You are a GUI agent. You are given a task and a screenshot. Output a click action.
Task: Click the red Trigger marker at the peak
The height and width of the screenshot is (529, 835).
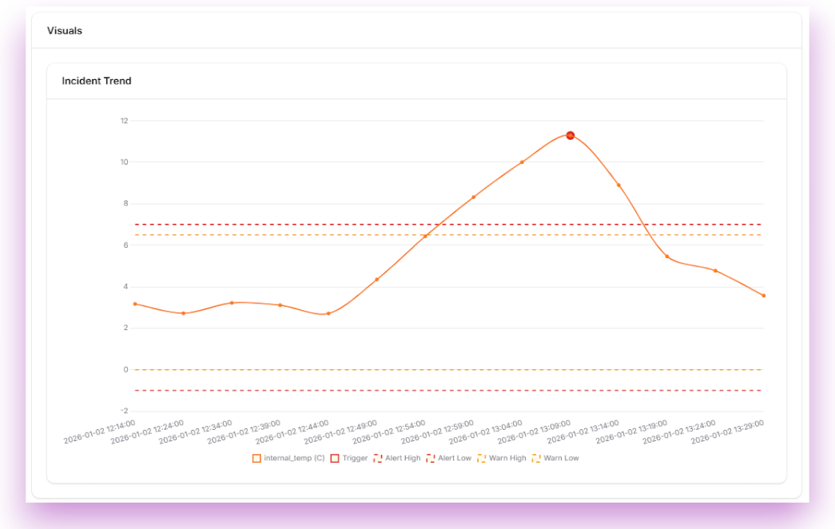[571, 136]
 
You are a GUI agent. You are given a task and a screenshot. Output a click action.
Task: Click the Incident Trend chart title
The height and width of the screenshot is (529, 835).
[97, 81]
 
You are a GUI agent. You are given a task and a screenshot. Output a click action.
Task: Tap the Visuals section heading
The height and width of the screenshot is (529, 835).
[65, 30]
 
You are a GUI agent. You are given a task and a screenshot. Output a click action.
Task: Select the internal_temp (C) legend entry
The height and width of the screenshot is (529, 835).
[288, 459]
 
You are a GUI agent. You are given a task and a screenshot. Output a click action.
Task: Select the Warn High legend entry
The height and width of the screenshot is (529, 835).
[502, 459]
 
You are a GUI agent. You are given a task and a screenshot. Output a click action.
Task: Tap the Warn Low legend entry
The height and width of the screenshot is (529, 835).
[555, 459]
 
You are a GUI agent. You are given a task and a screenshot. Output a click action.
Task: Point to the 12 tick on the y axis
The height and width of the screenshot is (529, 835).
[124, 121]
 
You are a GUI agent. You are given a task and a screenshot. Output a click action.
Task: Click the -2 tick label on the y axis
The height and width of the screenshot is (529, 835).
[124, 411]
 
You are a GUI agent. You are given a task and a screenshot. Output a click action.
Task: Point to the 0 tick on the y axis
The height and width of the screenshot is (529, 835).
[125, 370]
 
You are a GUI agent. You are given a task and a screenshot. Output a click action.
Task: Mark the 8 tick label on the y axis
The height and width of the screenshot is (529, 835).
[125, 204]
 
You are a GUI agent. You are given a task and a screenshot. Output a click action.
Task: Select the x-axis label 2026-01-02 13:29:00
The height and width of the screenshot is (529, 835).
[727, 432]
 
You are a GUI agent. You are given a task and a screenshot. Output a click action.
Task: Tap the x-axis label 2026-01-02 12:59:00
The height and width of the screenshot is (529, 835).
[438, 432]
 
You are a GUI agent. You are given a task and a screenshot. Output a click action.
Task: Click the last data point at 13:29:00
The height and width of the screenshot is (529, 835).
[763, 296]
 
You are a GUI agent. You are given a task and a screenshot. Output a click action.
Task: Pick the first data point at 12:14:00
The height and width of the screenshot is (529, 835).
[135, 304]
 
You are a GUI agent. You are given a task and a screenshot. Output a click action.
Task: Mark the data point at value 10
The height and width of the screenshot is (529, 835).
[522, 162]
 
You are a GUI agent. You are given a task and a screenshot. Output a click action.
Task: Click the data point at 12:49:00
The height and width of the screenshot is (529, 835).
[376, 280]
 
